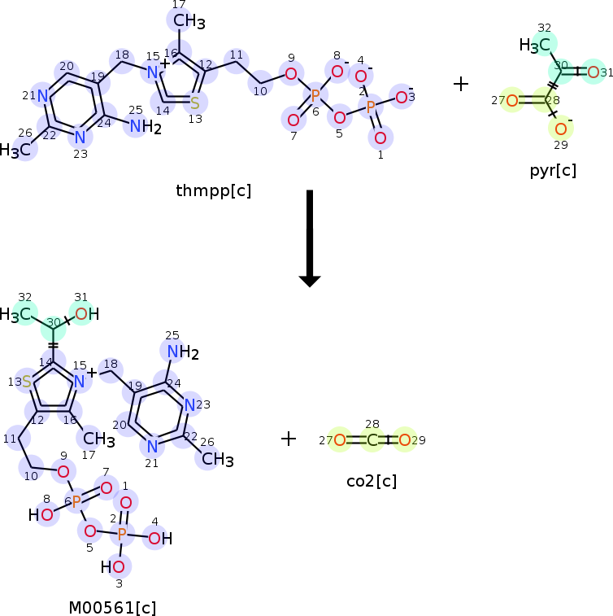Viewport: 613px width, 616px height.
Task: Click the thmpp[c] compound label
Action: pos(214,190)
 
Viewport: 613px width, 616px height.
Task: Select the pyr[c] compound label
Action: pos(553,169)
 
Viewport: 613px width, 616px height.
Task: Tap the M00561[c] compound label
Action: pos(112,607)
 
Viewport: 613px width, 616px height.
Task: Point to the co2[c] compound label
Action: pos(372,481)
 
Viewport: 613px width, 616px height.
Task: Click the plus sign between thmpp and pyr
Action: pos(460,84)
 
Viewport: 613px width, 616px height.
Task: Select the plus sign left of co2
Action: pos(289,439)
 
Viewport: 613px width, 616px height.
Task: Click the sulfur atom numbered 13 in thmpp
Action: pos(195,103)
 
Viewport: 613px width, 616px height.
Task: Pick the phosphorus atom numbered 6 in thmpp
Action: pos(315,95)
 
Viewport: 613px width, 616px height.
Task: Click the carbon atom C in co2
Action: pos(372,441)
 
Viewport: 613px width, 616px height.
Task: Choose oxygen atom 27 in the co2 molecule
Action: pos(340,441)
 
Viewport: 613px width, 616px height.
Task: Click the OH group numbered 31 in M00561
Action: pos(85,314)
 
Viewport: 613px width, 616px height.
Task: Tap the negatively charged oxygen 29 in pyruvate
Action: pos(561,129)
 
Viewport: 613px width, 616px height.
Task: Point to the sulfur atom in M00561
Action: pos(27,382)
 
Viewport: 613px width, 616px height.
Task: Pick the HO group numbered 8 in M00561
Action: pos(43,514)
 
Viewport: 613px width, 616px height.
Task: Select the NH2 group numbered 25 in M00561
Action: pos(179,352)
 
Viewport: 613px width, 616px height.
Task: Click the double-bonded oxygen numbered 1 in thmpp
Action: pos(380,138)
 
